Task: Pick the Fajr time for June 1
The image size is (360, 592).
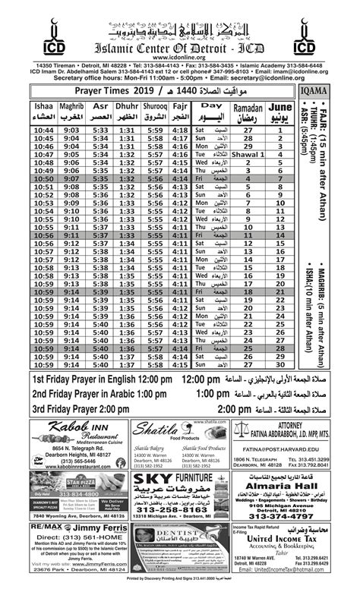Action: pos(181,131)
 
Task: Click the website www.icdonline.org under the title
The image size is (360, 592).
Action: pos(180,56)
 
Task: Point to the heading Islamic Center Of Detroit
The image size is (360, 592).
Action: pos(180,45)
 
